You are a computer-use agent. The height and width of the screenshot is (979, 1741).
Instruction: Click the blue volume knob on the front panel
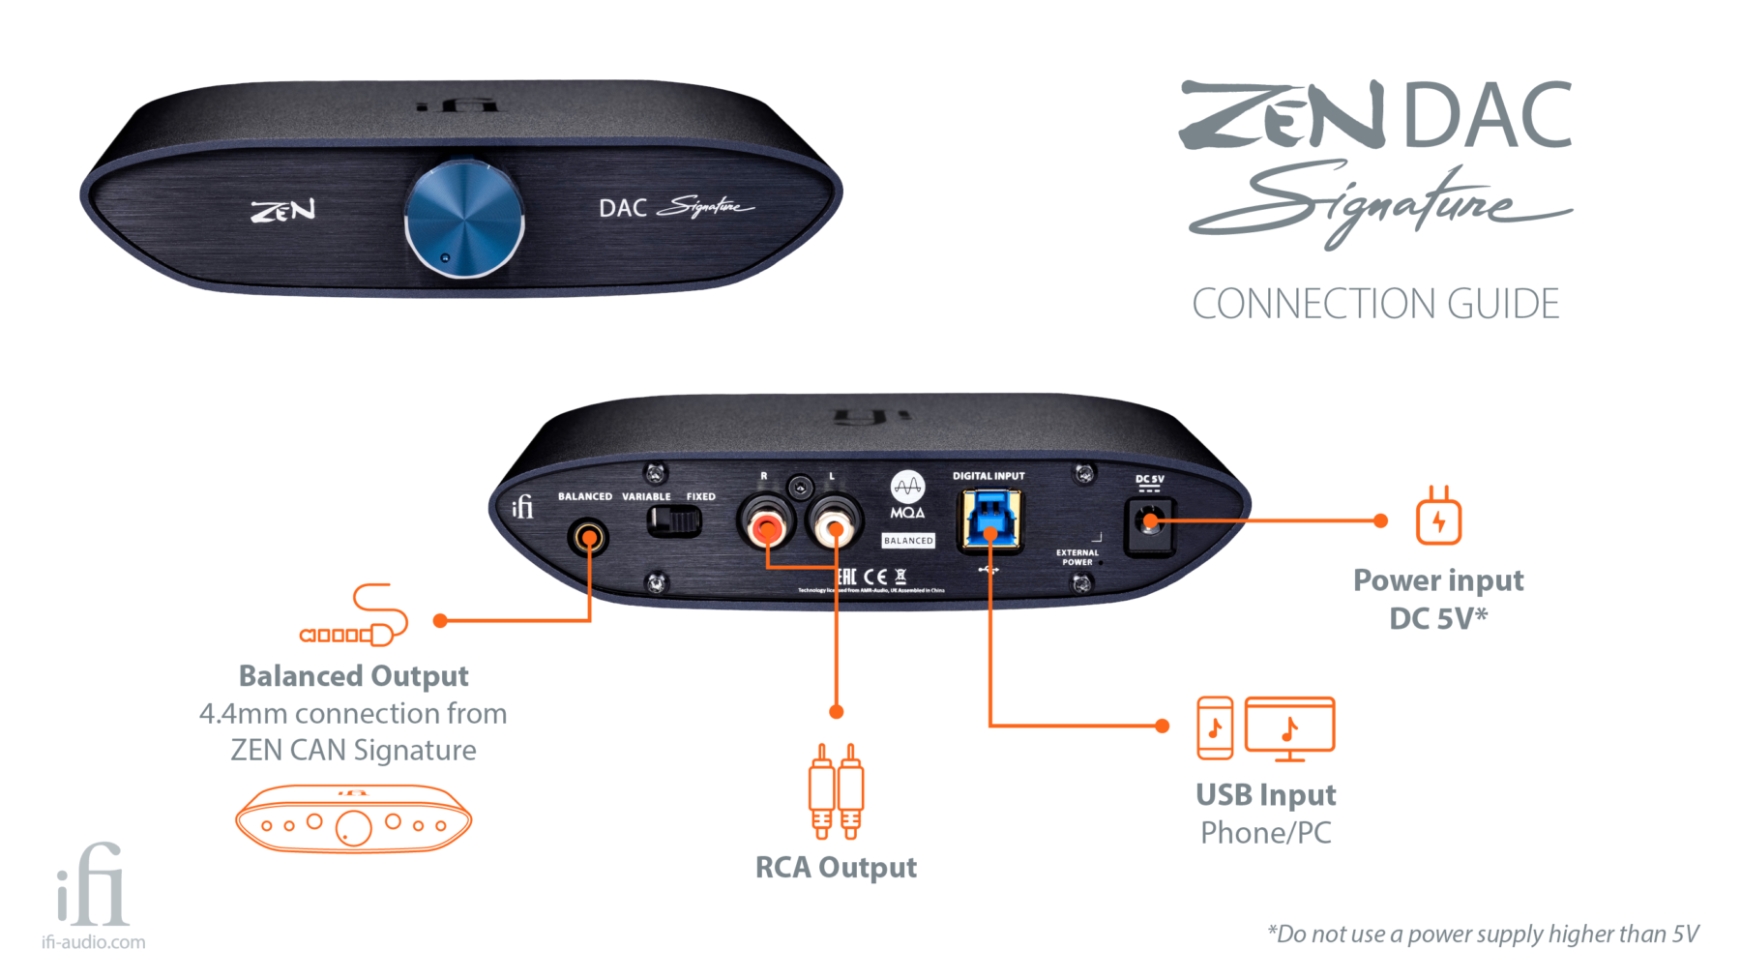coord(464,220)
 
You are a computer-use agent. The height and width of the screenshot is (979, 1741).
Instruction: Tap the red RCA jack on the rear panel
coord(767,525)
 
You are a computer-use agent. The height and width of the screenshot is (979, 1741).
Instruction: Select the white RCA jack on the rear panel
coord(835,525)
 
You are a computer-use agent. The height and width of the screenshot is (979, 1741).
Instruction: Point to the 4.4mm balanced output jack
coord(588,536)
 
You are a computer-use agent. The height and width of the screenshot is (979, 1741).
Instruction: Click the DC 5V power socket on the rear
coord(1150,523)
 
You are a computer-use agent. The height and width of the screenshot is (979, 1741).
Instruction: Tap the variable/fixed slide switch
coord(674,521)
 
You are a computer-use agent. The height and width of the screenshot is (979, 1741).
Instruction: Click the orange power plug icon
coord(1438,517)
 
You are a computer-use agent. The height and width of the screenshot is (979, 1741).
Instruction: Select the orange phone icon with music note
coord(1215,727)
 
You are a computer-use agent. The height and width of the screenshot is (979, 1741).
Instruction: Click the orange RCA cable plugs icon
coord(836,791)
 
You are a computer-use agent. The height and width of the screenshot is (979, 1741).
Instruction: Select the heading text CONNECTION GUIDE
coord(1375,304)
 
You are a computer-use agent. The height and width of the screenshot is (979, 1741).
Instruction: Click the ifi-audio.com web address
coord(93,942)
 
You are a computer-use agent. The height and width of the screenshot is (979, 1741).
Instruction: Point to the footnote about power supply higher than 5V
coord(1483,934)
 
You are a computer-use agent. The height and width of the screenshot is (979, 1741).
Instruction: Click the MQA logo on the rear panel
coord(907,494)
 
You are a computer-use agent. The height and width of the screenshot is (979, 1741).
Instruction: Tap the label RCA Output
coord(836,868)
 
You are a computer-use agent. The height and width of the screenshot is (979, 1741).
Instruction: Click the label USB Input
coord(1265,795)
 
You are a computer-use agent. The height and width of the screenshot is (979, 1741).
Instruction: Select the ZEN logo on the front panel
coord(282,210)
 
